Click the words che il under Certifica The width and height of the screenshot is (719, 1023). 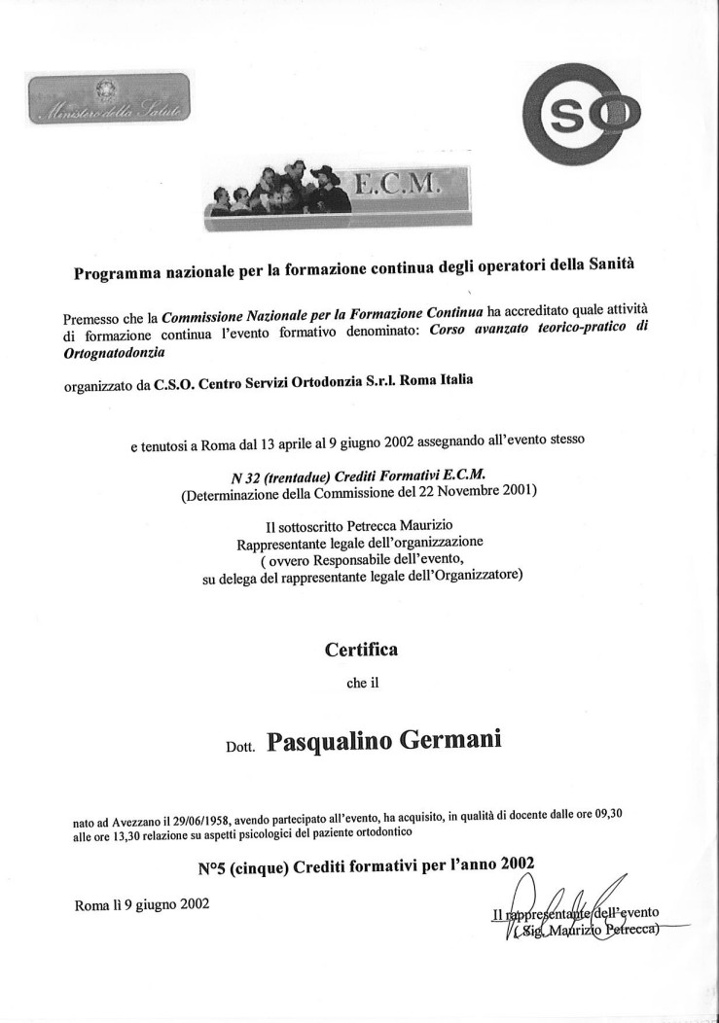(361, 683)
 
